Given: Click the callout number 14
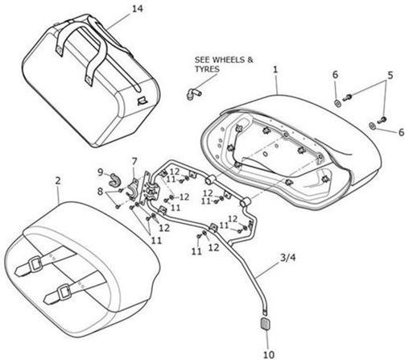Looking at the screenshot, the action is tap(137, 9).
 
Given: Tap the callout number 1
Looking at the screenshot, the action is tap(275, 70).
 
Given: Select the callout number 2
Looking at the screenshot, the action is tap(58, 180).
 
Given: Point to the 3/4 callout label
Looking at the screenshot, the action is tap(287, 258).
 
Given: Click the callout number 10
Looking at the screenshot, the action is tap(268, 354).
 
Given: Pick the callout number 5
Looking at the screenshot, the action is tap(390, 75).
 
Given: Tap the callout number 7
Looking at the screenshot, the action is tap(134, 161).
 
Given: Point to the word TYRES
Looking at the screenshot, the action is tap(207, 69).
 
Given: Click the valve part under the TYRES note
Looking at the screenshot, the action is tap(193, 93).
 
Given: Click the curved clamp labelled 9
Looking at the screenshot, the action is tap(114, 180).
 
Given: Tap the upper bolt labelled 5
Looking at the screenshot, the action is tap(347, 97).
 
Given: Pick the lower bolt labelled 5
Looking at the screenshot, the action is tap(382, 120).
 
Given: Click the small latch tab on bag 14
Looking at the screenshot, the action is tap(141, 101).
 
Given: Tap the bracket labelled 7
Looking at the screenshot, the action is tap(133, 189).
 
